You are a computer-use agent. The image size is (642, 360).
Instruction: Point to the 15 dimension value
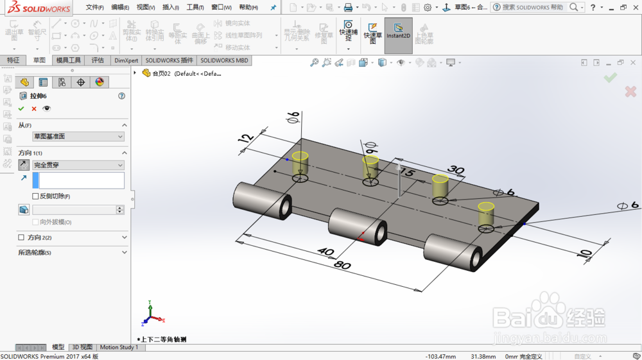pos(406,173)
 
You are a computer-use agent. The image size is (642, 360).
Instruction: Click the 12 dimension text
pos(244,139)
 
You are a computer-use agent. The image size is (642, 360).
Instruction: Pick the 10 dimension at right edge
pos(585,254)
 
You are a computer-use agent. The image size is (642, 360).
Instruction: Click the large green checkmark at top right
pos(610,77)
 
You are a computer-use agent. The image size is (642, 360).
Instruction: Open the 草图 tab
pos(39,60)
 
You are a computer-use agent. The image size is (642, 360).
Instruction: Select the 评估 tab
pos(98,60)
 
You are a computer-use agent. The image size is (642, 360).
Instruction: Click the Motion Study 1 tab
pos(119,347)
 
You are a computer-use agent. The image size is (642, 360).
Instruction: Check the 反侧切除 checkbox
pos(36,196)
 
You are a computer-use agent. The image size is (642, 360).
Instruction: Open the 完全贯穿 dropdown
pos(78,165)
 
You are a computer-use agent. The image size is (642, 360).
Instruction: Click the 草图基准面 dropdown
pos(78,137)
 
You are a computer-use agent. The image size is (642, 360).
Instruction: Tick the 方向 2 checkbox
pos(21,237)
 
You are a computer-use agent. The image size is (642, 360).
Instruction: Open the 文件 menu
pos(94,7)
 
